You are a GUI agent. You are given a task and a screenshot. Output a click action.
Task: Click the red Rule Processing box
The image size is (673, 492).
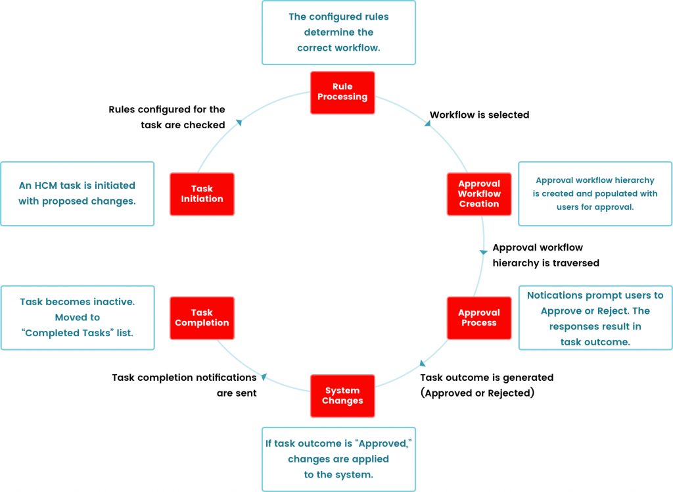[342, 92]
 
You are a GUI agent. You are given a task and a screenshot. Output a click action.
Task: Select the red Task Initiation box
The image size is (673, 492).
[202, 194]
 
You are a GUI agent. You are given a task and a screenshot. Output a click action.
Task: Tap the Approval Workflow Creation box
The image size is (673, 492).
[479, 194]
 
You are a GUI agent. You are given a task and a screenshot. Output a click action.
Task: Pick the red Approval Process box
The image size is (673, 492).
[479, 318]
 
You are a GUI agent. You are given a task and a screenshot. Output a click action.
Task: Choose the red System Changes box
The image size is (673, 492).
[342, 396]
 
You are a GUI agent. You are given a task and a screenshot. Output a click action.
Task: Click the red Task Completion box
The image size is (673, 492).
[202, 318]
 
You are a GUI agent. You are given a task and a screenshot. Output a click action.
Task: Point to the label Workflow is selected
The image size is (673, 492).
[479, 115]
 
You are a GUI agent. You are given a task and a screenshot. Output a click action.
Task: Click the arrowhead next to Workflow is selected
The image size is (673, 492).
[427, 123]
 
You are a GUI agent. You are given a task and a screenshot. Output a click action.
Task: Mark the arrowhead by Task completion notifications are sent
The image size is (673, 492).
[264, 377]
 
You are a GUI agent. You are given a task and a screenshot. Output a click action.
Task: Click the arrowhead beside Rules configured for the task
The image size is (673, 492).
[239, 122]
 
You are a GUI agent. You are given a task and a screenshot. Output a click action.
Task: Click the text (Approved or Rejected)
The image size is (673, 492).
[477, 393]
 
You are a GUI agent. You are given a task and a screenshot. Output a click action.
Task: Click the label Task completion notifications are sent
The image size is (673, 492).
[184, 385]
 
